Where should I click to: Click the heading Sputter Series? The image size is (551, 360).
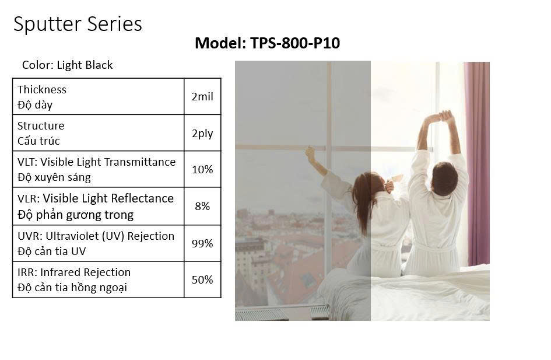pyautogui.click(x=78, y=25)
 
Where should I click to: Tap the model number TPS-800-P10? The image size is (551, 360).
pyautogui.click(x=295, y=43)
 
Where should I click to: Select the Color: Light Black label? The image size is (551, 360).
pyautogui.click(x=68, y=65)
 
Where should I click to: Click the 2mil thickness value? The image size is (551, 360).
pyautogui.click(x=202, y=97)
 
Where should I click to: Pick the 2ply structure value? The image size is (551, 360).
pyautogui.click(x=202, y=134)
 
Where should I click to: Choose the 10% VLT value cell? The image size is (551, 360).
pyautogui.click(x=202, y=169)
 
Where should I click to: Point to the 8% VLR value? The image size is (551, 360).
pyautogui.click(x=202, y=206)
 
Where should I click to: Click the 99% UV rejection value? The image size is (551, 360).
pyautogui.click(x=202, y=243)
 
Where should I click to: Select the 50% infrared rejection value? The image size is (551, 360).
pyautogui.click(x=202, y=280)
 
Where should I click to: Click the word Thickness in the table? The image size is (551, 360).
pyautogui.click(x=42, y=90)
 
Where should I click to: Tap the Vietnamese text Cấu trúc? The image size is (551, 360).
pyautogui.click(x=38, y=141)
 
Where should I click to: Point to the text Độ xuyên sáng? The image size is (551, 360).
pyautogui.click(x=54, y=177)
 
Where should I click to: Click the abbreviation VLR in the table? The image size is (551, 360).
pyautogui.click(x=27, y=198)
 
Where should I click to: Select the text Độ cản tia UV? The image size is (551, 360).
pyautogui.click(x=52, y=251)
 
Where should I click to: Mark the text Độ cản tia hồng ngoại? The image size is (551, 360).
pyautogui.click(x=72, y=288)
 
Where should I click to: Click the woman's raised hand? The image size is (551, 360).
pyautogui.click(x=310, y=153)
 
